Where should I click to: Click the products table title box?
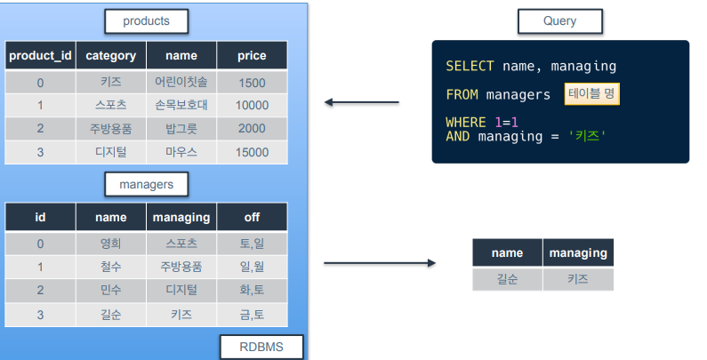click(x=147, y=21)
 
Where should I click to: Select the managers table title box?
click(x=147, y=184)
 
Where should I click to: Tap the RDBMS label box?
click(x=261, y=347)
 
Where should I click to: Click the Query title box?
click(x=560, y=21)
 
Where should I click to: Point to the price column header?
click(x=252, y=55)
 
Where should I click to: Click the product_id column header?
click(x=40, y=55)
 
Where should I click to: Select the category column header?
click(x=111, y=55)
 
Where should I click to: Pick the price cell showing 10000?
click(x=252, y=106)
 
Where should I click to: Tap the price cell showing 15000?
click(x=252, y=152)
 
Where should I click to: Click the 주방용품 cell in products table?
click(x=111, y=129)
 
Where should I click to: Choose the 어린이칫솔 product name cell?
click(x=181, y=82)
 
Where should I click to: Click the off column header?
click(x=252, y=217)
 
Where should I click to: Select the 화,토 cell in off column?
click(x=252, y=290)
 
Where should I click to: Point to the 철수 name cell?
click(x=111, y=267)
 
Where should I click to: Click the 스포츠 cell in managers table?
click(x=181, y=244)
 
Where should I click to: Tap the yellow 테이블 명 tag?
click(x=592, y=93)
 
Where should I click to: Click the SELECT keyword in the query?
click(x=470, y=67)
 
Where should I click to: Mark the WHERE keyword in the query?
click(x=466, y=122)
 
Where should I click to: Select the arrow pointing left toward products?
click(x=362, y=102)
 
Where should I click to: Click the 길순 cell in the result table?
click(x=507, y=279)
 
